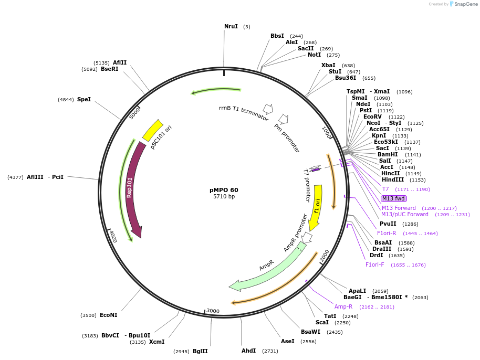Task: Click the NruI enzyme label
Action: (x=231, y=26)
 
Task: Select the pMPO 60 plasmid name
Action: (x=224, y=190)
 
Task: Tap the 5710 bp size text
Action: (x=224, y=197)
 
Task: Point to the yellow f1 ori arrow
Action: (x=316, y=207)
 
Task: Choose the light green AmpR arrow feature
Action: (x=268, y=268)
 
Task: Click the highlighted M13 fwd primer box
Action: (x=393, y=198)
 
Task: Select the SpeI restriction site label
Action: (x=84, y=99)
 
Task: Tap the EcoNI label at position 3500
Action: (x=108, y=315)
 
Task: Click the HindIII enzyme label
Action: (x=393, y=179)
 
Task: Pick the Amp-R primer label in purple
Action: (x=343, y=306)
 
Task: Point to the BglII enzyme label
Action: (x=200, y=351)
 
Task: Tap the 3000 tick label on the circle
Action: (x=213, y=311)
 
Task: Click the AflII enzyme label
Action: (x=120, y=62)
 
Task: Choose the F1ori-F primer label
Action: (x=375, y=264)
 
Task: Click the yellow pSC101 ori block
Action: (x=153, y=130)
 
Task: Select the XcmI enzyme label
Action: (x=156, y=342)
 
